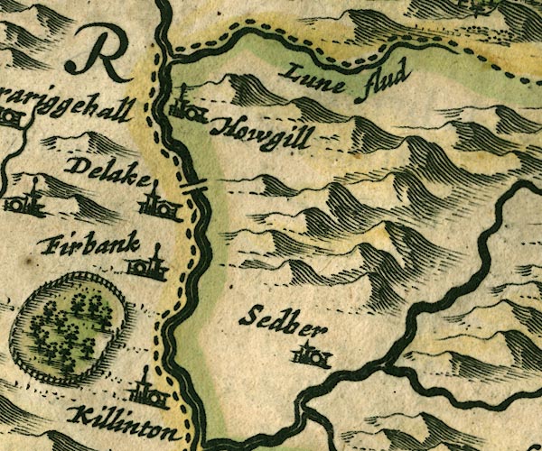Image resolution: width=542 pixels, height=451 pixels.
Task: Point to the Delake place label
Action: pyautogui.click(x=107, y=172)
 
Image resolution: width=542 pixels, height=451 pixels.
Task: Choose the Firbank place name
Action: pyautogui.click(x=90, y=247)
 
